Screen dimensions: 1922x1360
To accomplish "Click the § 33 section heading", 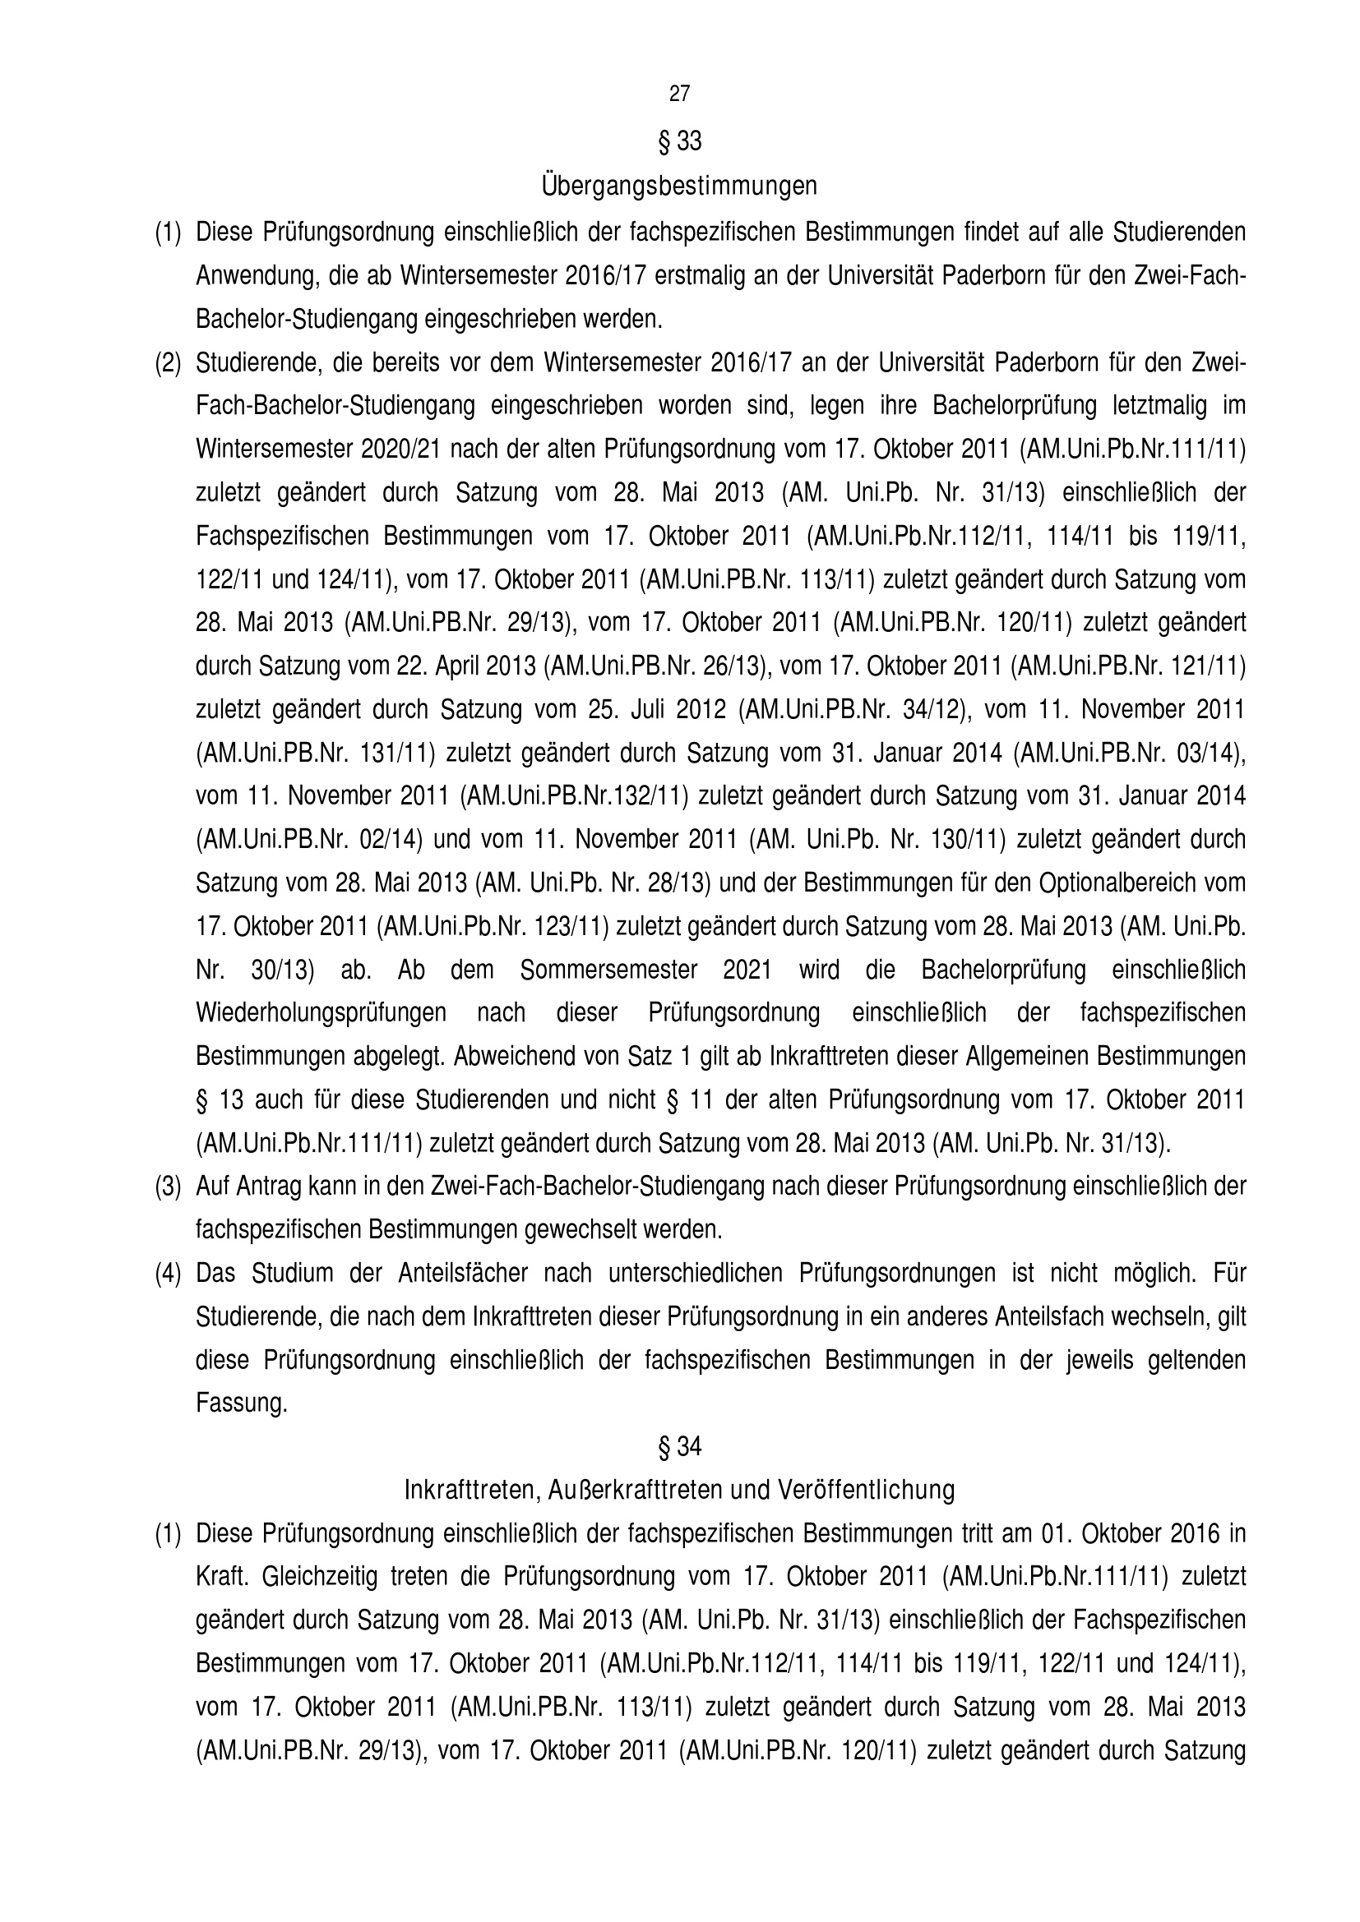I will [679, 142].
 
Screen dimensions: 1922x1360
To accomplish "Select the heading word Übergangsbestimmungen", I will [679, 185].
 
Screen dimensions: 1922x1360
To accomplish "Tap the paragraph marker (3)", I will [168, 1187].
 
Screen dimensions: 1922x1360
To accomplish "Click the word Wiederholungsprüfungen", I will [321, 1013].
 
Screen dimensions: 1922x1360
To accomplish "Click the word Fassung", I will [241, 1403].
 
